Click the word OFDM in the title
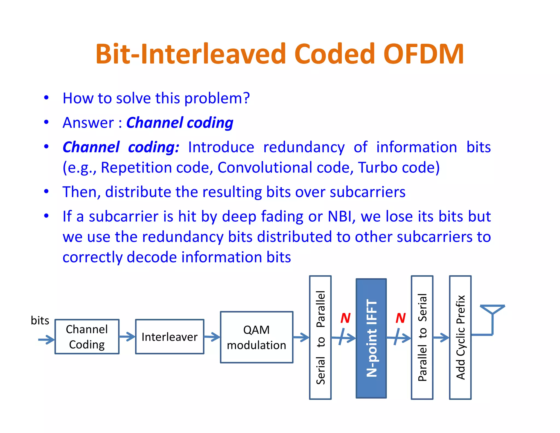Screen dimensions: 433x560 point(423,54)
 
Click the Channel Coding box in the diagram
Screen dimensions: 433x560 point(87,337)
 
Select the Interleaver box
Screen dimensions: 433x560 point(170,337)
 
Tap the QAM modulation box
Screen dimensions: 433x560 point(256,337)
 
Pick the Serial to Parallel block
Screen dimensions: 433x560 point(320,337)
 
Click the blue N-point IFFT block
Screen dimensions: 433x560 point(371,338)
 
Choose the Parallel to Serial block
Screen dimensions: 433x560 point(422,337)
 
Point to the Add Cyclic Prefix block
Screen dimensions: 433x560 point(460,337)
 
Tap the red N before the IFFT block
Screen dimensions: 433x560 point(345,318)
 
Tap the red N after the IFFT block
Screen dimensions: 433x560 point(401,318)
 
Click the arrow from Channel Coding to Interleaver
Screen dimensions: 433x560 point(127,337)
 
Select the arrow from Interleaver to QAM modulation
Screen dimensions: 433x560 point(212,337)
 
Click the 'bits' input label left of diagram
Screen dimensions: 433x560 point(40,320)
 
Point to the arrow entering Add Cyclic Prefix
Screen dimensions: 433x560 point(441,337)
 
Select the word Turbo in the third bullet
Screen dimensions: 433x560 point(378,168)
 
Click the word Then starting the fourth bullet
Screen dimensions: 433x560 point(80,192)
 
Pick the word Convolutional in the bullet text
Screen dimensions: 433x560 point(265,168)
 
